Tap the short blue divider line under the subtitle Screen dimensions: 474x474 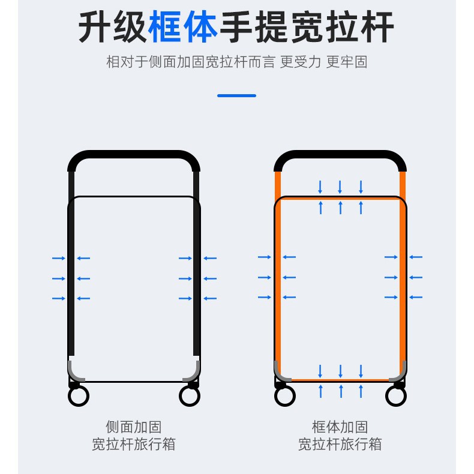(x=236, y=95)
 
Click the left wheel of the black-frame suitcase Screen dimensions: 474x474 (x=79, y=395)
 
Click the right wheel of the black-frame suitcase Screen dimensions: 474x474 (x=190, y=395)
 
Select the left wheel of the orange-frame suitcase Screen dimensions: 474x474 (x=284, y=395)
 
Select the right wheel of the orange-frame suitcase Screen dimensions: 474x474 (x=396, y=395)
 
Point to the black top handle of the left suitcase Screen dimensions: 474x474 (x=134, y=155)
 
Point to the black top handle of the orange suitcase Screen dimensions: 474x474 (x=340, y=155)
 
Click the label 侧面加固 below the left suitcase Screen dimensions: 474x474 (x=134, y=427)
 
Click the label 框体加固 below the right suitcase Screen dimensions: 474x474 (x=340, y=427)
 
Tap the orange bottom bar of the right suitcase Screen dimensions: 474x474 (x=340, y=380)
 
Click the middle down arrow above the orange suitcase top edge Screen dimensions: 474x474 (x=340, y=187)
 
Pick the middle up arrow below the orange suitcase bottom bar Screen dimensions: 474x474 (x=340, y=391)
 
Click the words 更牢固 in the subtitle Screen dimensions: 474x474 (x=347, y=62)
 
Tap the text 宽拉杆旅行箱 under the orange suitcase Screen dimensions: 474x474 (x=340, y=445)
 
